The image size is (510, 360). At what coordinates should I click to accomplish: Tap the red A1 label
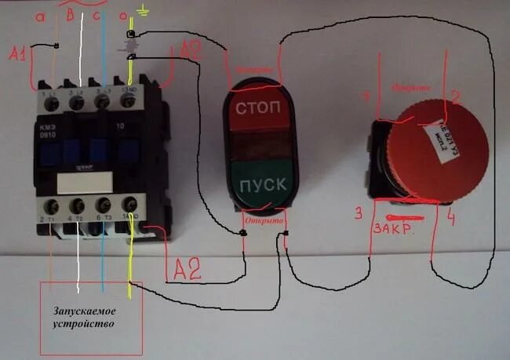pyautogui.click(x=19, y=54)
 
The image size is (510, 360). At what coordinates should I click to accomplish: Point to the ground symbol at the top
pyautogui.click(x=141, y=10)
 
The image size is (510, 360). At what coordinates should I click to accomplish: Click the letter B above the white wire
pyautogui.click(x=71, y=13)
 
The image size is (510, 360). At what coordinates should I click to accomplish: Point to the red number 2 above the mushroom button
pyautogui.click(x=454, y=96)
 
